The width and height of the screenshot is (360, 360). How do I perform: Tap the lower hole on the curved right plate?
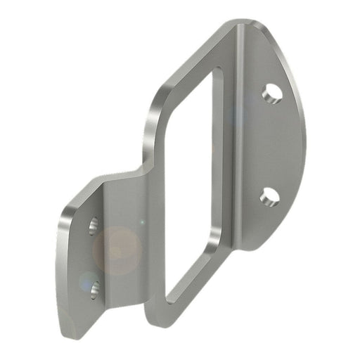[x=269, y=198]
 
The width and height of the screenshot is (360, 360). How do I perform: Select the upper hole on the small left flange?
[x=94, y=226]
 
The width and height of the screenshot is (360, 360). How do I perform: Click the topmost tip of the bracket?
[x=243, y=22]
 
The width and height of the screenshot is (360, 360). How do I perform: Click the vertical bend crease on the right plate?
[x=238, y=141]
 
